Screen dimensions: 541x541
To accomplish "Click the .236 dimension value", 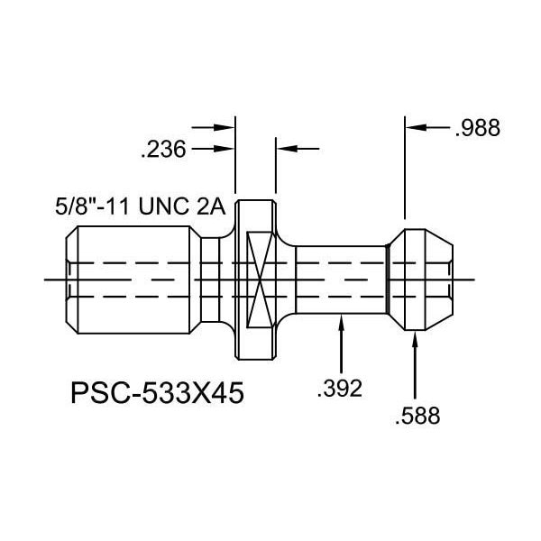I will click(x=164, y=151).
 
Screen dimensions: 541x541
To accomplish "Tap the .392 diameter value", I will click(x=341, y=389).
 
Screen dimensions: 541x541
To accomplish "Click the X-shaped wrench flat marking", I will click(x=258, y=277).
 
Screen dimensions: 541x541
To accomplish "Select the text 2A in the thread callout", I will click(x=209, y=206).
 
